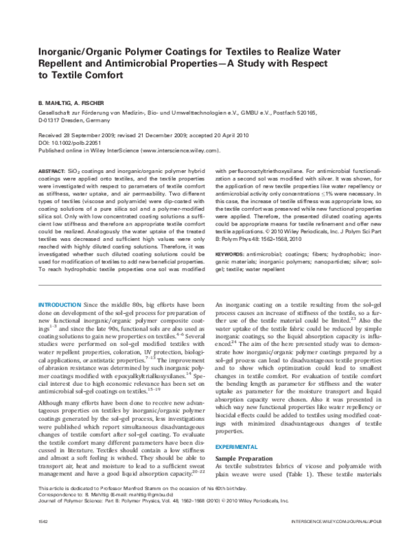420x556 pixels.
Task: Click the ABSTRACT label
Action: [x=49, y=170]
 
